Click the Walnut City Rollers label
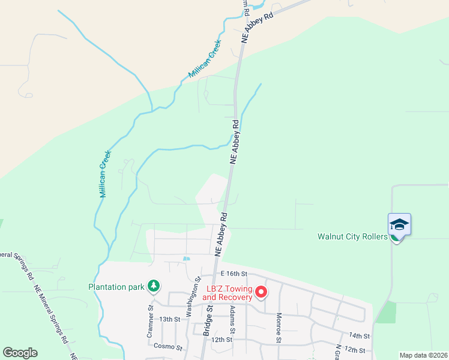click(x=352, y=236)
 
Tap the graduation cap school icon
click(x=399, y=225)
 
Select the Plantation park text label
click(x=116, y=287)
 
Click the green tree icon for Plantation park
click(x=154, y=286)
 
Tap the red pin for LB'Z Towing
click(x=261, y=292)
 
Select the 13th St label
click(x=170, y=319)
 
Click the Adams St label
click(x=232, y=322)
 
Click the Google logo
click(x=20, y=352)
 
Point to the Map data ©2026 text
click(x=423, y=355)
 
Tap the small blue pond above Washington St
click(x=186, y=259)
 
